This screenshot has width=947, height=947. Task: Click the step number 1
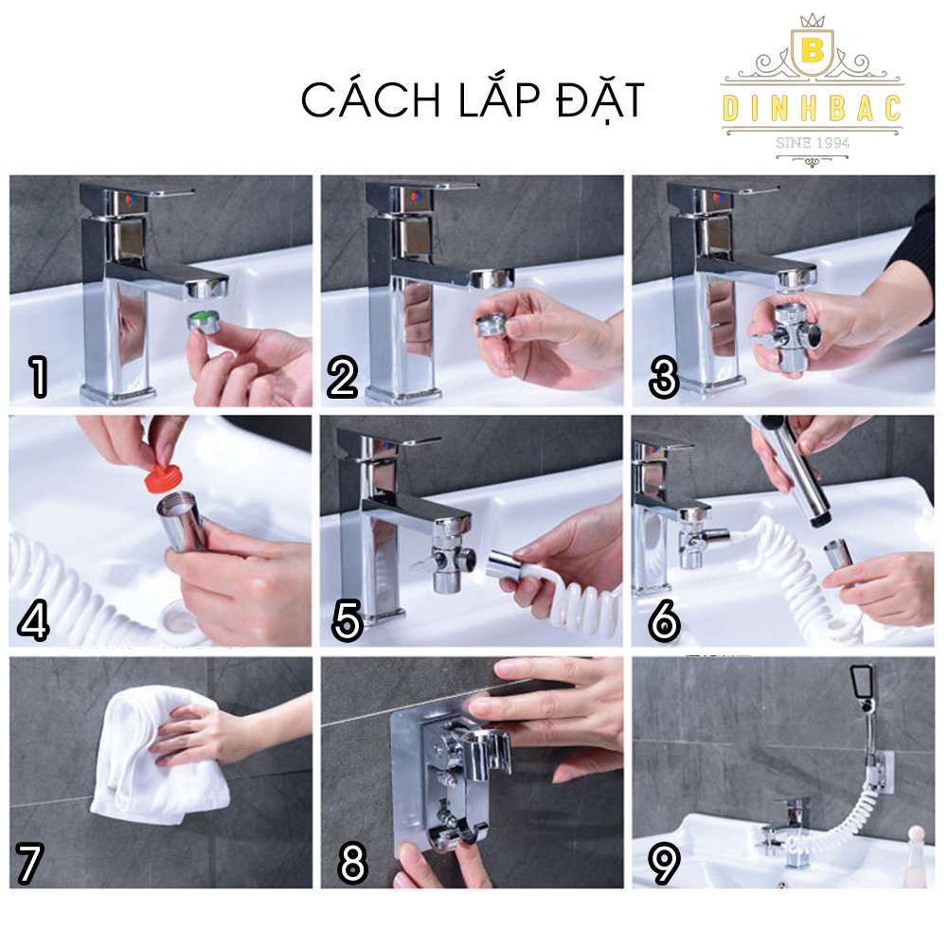(x=39, y=377)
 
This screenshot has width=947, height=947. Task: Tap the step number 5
(x=348, y=620)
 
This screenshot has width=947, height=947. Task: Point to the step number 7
(x=29, y=864)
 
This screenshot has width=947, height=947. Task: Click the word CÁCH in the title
(x=370, y=99)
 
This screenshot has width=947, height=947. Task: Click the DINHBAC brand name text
(x=813, y=108)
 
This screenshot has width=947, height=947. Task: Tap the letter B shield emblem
(x=813, y=51)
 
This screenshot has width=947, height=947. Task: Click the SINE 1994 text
(x=813, y=143)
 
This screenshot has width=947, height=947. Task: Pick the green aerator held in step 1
(x=206, y=320)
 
